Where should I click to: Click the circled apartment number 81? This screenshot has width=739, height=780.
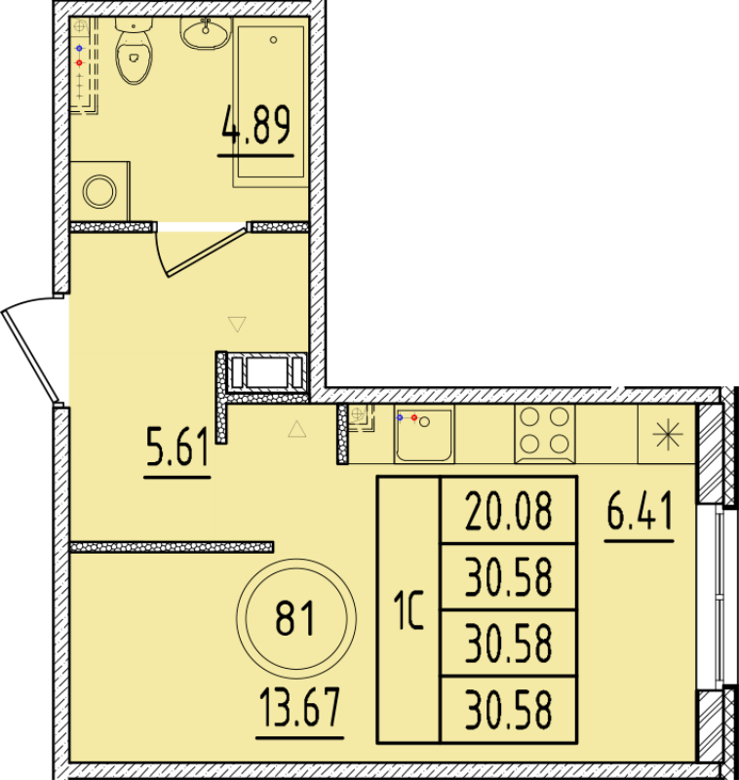pyautogui.click(x=295, y=617)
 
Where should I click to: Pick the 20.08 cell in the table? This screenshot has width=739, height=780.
pyautogui.click(x=508, y=510)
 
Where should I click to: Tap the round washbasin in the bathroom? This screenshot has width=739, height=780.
pyautogui.click(x=204, y=32)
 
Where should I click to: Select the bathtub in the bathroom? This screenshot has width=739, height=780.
pyautogui.click(x=272, y=102)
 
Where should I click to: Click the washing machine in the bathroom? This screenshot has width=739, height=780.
pyautogui.click(x=99, y=191)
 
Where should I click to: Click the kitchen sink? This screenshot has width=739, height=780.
pyautogui.click(x=424, y=434)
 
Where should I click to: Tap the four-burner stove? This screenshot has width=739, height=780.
pyautogui.click(x=544, y=433)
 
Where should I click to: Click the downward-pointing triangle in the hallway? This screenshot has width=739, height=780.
pyautogui.click(x=236, y=323)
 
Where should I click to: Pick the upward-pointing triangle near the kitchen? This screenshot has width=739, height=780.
pyautogui.click(x=297, y=429)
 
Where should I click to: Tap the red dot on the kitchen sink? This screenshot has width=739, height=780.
pyautogui.click(x=414, y=417)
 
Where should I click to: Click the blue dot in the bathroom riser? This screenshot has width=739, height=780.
pyautogui.click(x=79, y=46)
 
